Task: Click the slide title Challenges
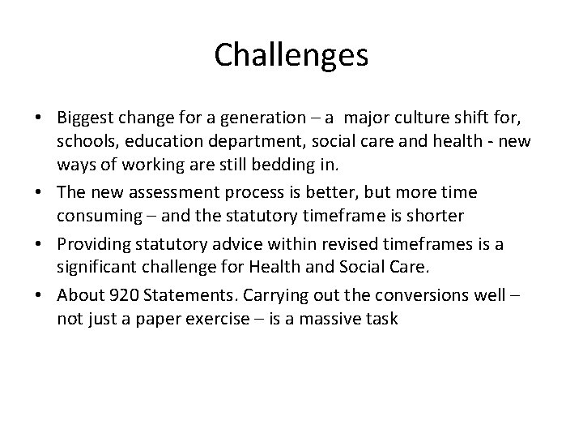(291, 55)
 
